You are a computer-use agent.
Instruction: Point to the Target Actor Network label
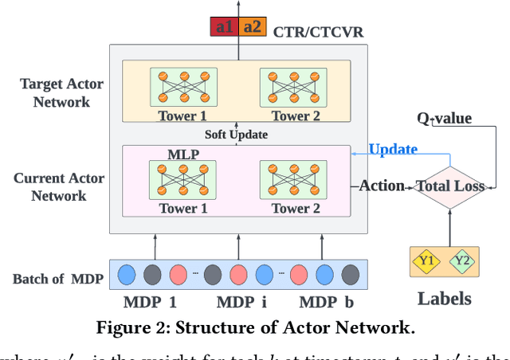click(57, 93)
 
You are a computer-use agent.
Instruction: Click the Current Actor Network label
click(59, 186)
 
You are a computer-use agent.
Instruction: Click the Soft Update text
click(236, 135)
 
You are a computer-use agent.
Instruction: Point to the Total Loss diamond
click(450, 186)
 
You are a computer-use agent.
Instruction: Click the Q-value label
click(444, 119)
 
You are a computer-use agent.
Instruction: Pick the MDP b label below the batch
click(326, 303)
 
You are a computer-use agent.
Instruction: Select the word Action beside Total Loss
click(382, 186)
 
